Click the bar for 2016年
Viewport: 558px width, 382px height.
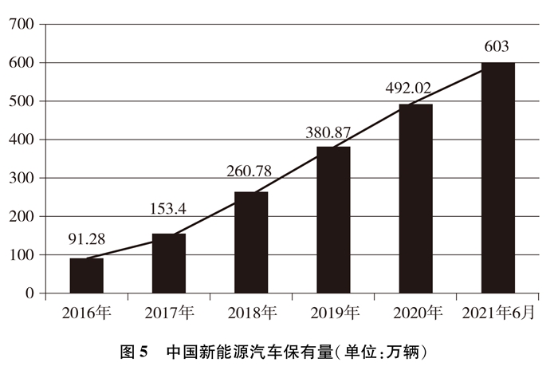click(86, 276)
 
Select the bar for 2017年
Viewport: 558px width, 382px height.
click(169, 264)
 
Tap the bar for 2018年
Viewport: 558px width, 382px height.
click(251, 243)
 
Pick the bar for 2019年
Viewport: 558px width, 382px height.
click(333, 220)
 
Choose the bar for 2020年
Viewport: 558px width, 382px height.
click(415, 199)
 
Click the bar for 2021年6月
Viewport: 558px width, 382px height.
click(497, 178)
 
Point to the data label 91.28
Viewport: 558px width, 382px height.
click(87, 238)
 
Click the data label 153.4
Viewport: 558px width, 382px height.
click(169, 210)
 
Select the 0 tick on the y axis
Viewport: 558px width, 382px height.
click(29, 294)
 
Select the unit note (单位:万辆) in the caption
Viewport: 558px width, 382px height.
click(372, 352)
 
